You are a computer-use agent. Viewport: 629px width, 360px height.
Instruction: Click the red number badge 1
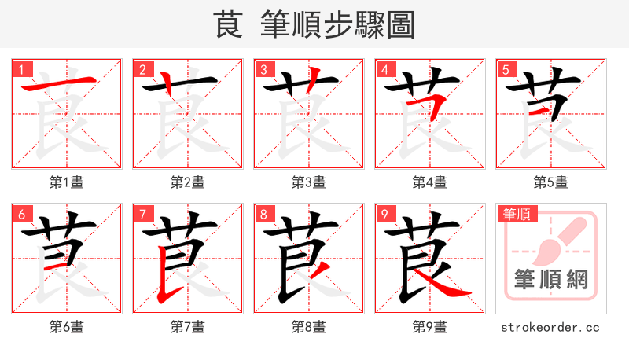[x=20, y=69]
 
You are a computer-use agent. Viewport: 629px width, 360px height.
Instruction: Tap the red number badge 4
[x=384, y=69]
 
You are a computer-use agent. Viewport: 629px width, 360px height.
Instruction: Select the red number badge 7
[x=142, y=214]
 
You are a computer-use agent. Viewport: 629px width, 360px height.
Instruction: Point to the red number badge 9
[x=384, y=214]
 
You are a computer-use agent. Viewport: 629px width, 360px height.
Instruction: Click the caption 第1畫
[x=67, y=182]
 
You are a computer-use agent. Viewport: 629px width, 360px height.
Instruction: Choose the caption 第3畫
[x=309, y=182]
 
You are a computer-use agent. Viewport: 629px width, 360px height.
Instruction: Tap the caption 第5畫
[x=551, y=182]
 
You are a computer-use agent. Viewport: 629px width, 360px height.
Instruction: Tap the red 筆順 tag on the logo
[x=515, y=213]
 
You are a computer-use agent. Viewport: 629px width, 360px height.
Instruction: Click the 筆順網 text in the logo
[x=551, y=279]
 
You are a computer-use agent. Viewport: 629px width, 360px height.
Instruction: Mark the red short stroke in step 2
[x=167, y=81]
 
